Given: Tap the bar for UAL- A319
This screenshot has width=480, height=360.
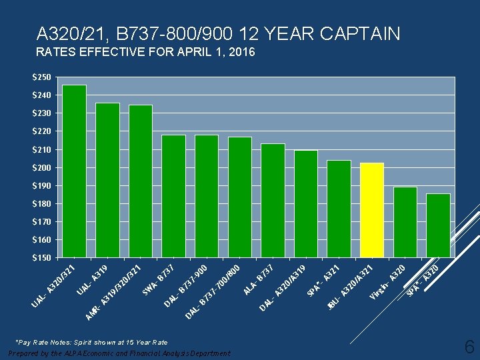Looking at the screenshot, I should click(x=107, y=180).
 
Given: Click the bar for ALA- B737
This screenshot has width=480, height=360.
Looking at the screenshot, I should click(x=273, y=200).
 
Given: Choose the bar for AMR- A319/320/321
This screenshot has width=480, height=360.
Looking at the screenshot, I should click(x=141, y=181).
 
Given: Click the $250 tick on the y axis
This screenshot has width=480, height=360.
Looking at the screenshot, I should click(x=41, y=78).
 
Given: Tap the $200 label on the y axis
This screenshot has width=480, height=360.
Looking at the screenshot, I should click(x=41, y=167).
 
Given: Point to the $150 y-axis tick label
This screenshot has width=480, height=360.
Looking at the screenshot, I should click(x=41, y=257).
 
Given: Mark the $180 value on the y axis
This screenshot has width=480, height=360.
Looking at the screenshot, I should click(x=41, y=203).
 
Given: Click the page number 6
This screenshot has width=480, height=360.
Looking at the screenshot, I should click(x=469, y=347).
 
